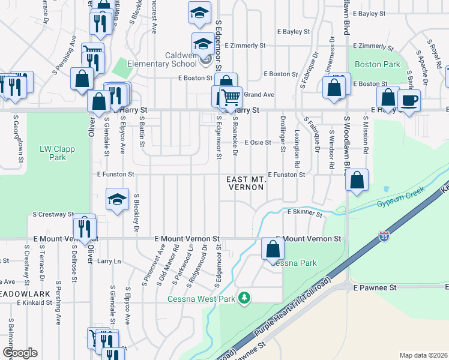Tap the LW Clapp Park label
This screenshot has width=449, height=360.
pos(53,153)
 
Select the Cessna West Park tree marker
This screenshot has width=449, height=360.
pos(244,298)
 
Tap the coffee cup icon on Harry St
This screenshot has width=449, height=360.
pos(409,100)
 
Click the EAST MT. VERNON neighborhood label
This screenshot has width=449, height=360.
pos(246,184)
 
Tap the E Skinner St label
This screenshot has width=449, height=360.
pos(304,212)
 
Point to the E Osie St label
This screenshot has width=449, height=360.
pos(262,143)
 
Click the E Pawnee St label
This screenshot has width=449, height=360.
pos(375,288)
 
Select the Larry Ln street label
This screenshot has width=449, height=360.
pos(109,262)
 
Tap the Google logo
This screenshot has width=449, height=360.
pos(19,353)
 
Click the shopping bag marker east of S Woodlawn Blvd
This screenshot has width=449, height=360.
pos(357,181)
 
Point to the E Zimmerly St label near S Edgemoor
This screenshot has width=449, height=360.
pos(245,45)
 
